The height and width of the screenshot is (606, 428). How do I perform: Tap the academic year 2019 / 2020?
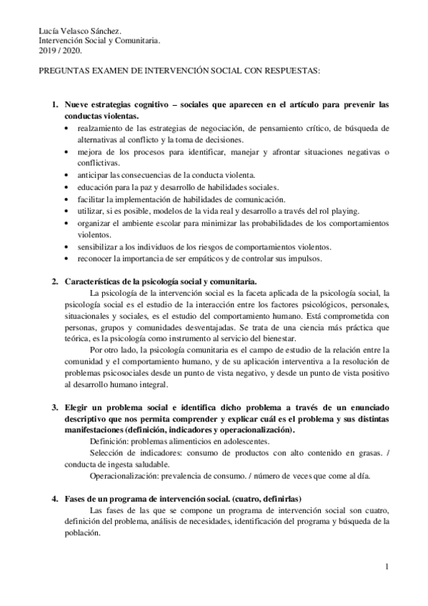coord(61,51)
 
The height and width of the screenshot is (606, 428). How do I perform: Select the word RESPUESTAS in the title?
coord(291,71)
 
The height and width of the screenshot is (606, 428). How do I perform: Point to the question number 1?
coord(54,105)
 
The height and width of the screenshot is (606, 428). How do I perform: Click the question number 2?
coord(54,280)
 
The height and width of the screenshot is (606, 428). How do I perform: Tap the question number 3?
coord(54,407)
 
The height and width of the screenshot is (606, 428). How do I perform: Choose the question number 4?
coord(54,498)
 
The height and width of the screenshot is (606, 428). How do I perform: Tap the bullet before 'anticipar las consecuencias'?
coord(66,175)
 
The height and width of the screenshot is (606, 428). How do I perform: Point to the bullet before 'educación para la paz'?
coord(66,187)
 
